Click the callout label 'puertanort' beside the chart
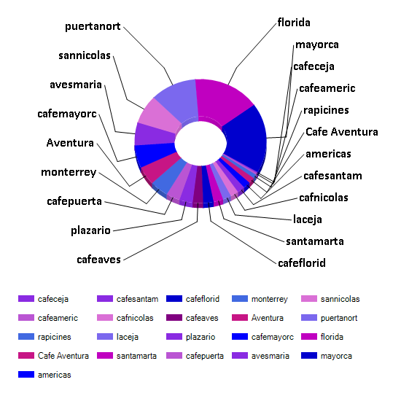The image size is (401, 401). tap(93, 26)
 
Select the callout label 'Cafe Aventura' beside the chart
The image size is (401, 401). tap(342, 132)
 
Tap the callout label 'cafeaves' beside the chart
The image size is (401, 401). tap(98, 260)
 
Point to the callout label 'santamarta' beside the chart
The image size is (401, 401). tap(315, 241)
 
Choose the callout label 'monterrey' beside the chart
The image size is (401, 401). tap(69, 172)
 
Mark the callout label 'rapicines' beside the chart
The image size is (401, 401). tap(326, 111)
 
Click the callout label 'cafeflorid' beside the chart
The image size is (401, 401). tap(302, 263)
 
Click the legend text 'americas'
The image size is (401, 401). tap(55, 375)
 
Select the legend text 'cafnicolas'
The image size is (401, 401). tap(135, 318)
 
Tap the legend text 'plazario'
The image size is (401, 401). tap(200, 337)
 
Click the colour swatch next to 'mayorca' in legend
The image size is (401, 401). tap(309, 356)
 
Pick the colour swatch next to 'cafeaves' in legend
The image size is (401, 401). tap(174, 318)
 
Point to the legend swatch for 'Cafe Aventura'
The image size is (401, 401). tap(26, 356)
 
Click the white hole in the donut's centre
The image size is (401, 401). tap(200, 143)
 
